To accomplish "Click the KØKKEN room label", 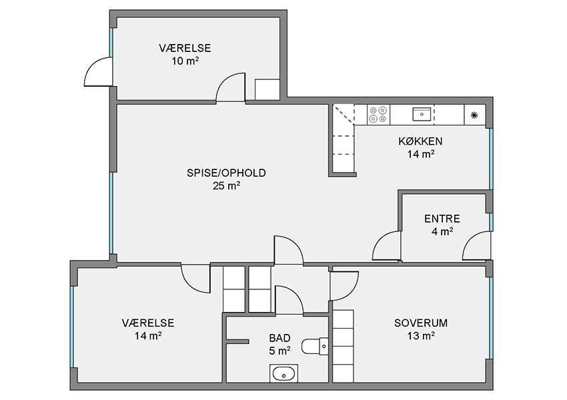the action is click(x=420, y=141).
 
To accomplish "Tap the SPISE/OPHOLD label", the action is click(x=226, y=173).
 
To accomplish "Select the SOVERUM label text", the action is click(x=421, y=323).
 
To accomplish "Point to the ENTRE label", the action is click(x=442, y=219).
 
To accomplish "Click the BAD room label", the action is click(x=280, y=338).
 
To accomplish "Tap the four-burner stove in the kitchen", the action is click(x=379, y=115).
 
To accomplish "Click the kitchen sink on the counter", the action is click(x=422, y=114).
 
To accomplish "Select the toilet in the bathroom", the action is click(x=316, y=346).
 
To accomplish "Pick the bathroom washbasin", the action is click(x=284, y=373).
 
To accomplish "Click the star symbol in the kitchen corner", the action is click(x=474, y=115).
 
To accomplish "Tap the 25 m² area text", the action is click(x=227, y=186).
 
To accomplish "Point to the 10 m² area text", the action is click(x=185, y=61).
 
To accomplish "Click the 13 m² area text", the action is click(x=421, y=336).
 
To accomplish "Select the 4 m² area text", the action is click(x=442, y=231).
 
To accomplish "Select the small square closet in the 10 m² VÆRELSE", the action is click(x=267, y=89).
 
